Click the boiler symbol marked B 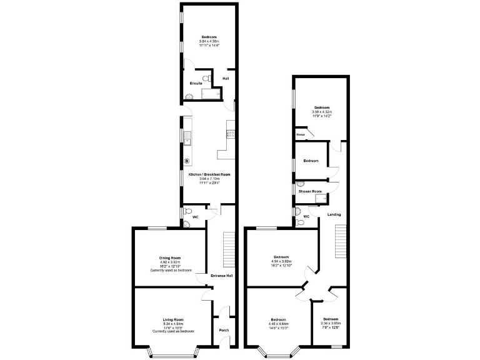tap(186, 161)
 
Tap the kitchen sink tap(187, 138)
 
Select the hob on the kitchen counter tap(230, 132)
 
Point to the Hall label tap(225, 78)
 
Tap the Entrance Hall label tap(221, 276)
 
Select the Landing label tap(334, 214)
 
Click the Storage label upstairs tap(301, 134)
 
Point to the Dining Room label tap(169, 257)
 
